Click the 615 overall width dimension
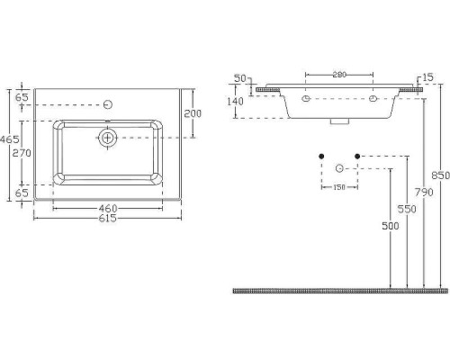coord(107,218)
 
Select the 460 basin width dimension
coord(108,208)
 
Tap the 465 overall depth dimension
coord(10,139)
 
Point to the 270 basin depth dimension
coord(22,153)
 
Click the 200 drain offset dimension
coord(193,113)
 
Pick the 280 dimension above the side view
coord(339,75)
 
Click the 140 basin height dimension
coord(235,102)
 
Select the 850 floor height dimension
coord(440,175)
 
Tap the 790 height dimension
coord(424,192)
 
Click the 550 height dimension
coord(407,209)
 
